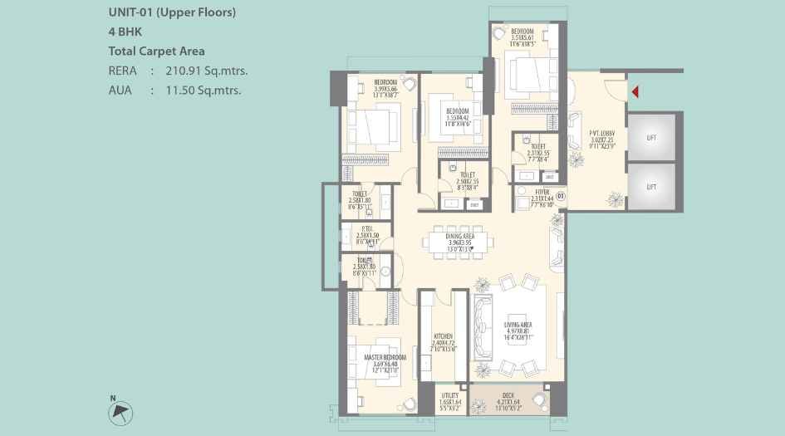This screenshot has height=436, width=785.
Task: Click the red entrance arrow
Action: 635,91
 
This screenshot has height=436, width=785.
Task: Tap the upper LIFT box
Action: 650,137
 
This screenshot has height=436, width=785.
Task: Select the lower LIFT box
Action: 650,187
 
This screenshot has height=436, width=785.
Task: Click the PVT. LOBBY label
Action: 602,136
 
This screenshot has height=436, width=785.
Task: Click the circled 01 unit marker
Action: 561,196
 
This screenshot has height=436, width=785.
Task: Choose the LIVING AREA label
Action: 518,329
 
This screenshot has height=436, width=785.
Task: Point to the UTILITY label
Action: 450,401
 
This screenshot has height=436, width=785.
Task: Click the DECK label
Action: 508,401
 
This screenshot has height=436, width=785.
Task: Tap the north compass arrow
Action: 121,411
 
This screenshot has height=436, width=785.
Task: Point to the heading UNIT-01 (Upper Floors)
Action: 172,12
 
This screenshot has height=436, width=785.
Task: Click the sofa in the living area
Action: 482,327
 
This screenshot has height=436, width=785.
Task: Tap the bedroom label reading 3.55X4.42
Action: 457,115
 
